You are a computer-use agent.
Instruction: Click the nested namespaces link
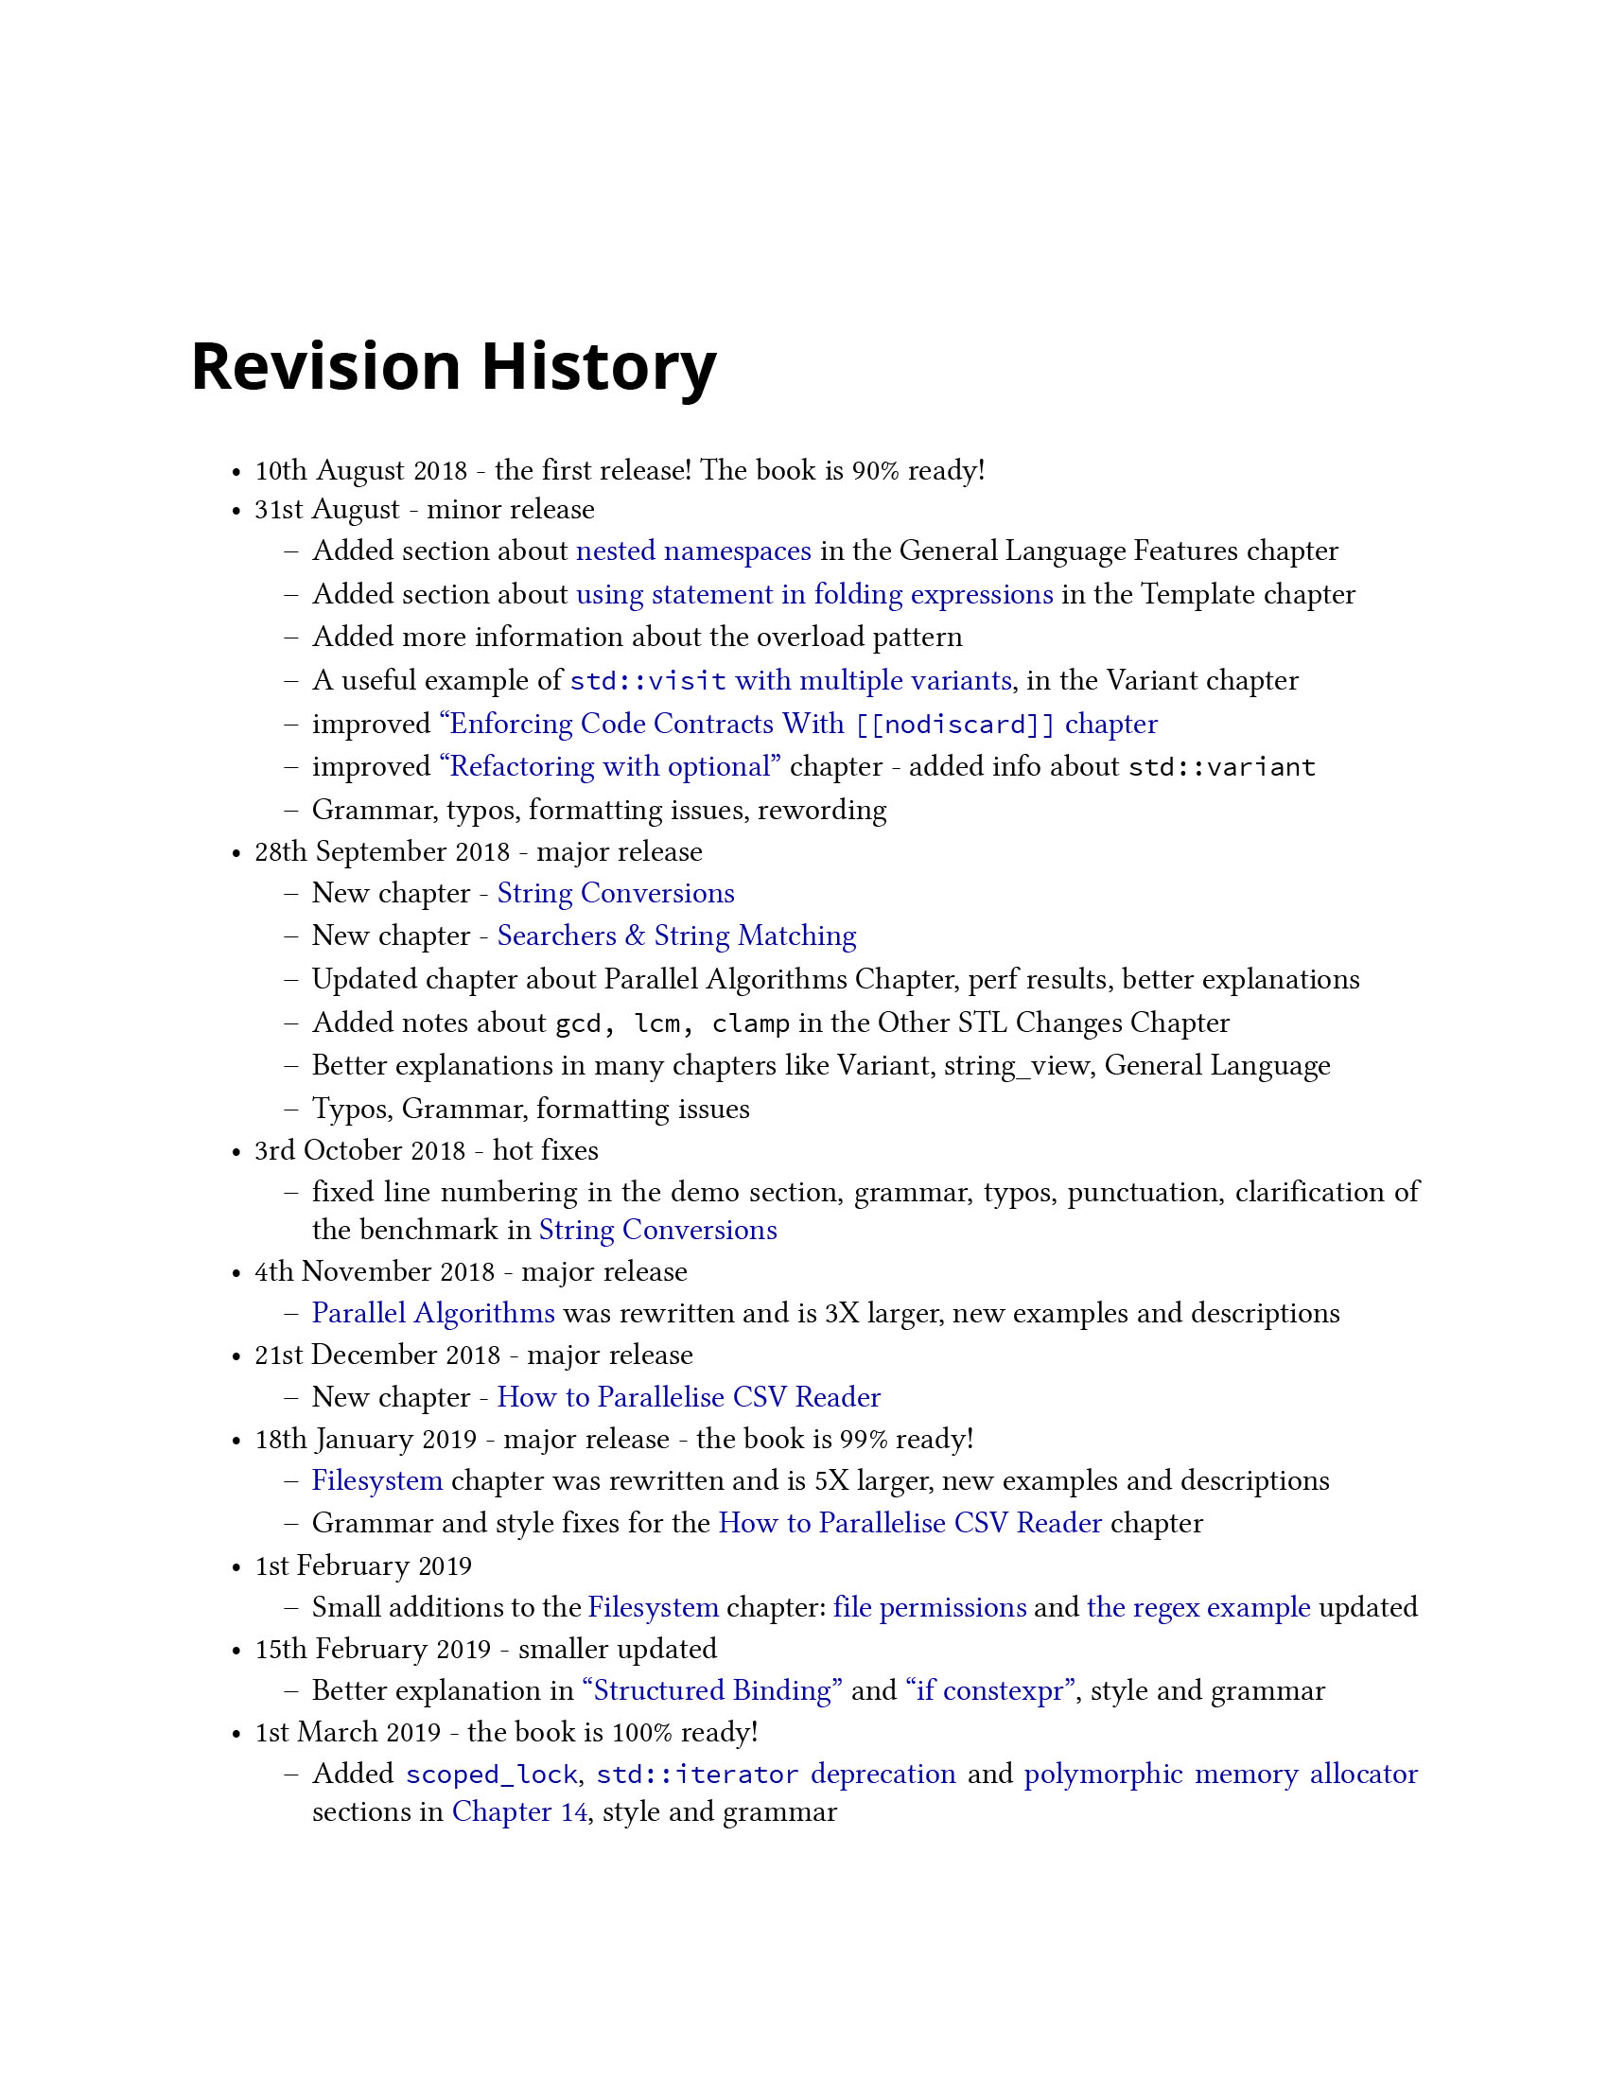click(x=693, y=551)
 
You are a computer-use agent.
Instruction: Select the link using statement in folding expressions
click(x=814, y=595)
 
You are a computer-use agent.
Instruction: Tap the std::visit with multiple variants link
click(x=790, y=680)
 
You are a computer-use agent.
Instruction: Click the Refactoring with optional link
click(x=610, y=767)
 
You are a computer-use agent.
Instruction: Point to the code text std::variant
click(x=1221, y=767)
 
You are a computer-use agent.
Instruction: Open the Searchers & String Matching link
click(x=676, y=936)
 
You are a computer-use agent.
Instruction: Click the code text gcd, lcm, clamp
click(x=673, y=1023)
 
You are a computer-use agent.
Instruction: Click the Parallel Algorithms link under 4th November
click(x=433, y=1314)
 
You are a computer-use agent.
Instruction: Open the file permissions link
click(x=930, y=1607)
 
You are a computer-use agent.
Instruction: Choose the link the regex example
click(x=1198, y=1607)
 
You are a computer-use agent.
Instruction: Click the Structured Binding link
click(x=712, y=1690)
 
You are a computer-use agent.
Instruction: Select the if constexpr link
click(x=990, y=1690)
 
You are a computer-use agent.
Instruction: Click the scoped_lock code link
click(x=492, y=1775)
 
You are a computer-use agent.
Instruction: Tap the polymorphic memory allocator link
click(x=1220, y=1775)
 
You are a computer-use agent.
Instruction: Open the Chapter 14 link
click(x=519, y=1811)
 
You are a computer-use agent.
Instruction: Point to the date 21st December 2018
click(x=377, y=1355)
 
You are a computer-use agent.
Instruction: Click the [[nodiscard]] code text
click(x=954, y=725)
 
